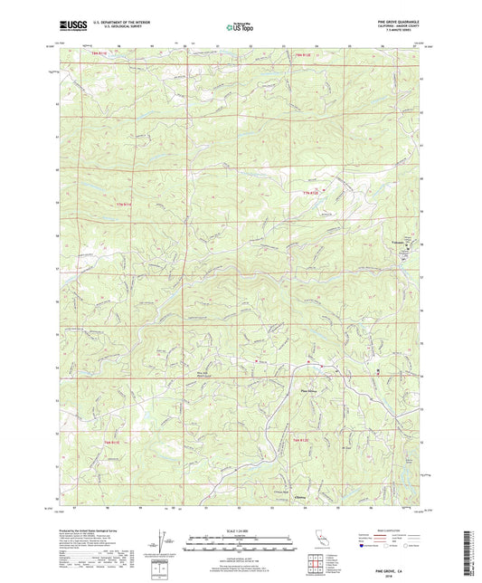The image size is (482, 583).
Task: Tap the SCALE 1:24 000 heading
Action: pyautogui.click(x=241, y=530)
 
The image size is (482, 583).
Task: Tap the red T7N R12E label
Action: pyautogui.click(x=310, y=192)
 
